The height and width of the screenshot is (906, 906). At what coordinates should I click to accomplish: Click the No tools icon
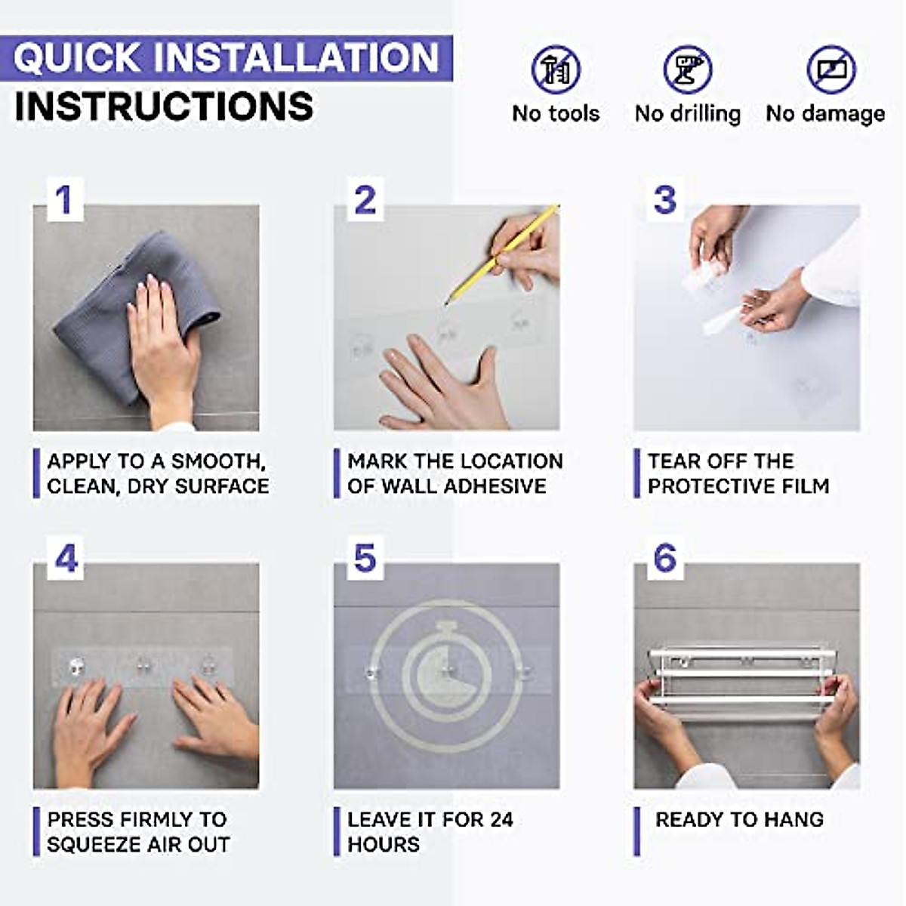[556, 69]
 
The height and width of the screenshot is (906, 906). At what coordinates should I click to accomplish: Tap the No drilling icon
[687, 69]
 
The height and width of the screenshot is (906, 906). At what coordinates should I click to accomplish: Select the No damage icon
[830, 69]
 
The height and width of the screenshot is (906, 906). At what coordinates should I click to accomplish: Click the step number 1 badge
[64, 200]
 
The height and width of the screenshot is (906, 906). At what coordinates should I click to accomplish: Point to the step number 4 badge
[66, 559]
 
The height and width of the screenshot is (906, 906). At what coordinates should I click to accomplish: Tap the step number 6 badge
[664, 559]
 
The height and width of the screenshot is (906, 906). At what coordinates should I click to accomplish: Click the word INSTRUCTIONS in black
[164, 106]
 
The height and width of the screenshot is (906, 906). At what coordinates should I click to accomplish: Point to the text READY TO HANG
[739, 820]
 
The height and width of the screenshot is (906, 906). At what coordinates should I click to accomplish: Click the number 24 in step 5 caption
[499, 820]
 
